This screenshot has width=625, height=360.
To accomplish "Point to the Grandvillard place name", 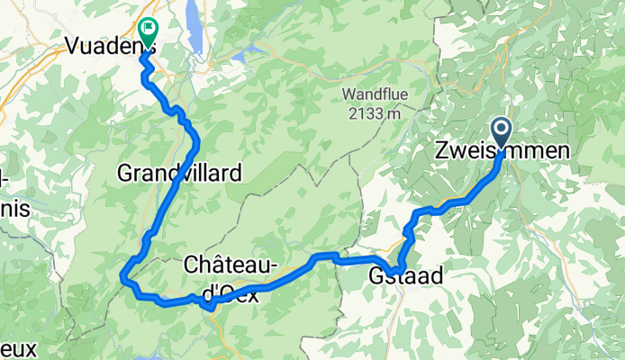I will pos(179,174).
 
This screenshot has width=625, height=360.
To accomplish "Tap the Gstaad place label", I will pos(406,277).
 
